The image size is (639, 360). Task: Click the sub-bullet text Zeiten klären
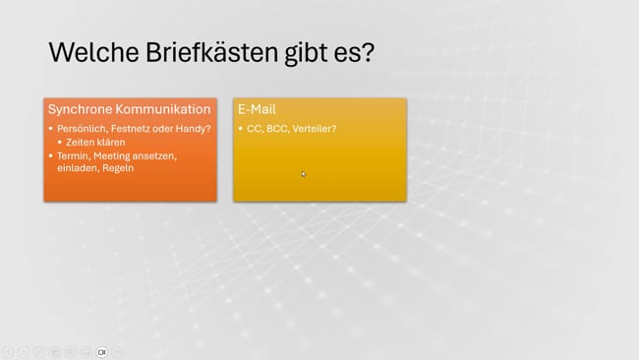pos(95,142)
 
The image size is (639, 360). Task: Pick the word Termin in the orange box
pos(73,155)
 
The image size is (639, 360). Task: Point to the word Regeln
pos(118,168)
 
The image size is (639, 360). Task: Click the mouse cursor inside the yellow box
pos(304,174)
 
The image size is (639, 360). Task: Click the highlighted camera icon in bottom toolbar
pos(101,351)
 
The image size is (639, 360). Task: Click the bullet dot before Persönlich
pos(51,129)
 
